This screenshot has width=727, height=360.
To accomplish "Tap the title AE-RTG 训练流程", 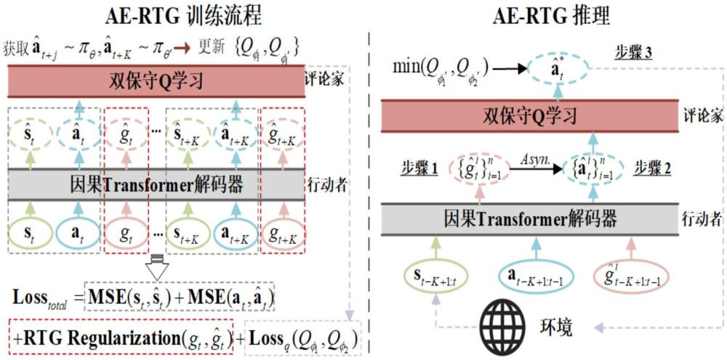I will [172, 15].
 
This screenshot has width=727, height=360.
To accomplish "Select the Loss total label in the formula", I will [45, 299].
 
